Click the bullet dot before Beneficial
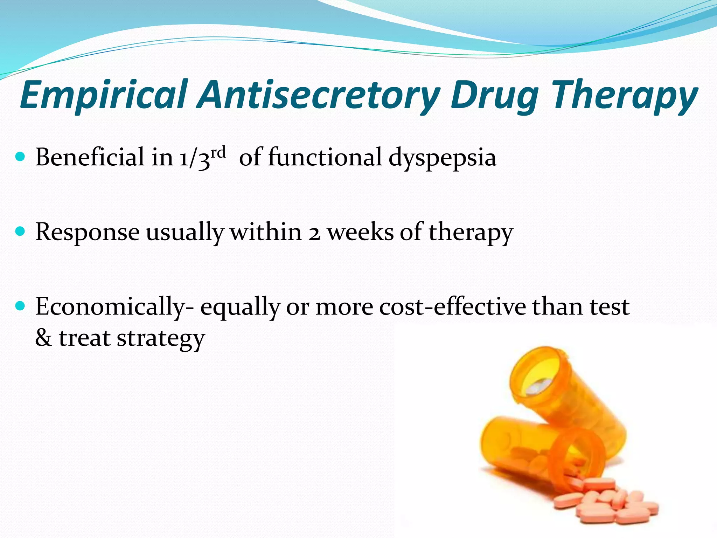[21, 157]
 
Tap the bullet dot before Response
[21, 232]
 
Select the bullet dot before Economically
[21, 306]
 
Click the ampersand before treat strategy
[43, 338]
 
